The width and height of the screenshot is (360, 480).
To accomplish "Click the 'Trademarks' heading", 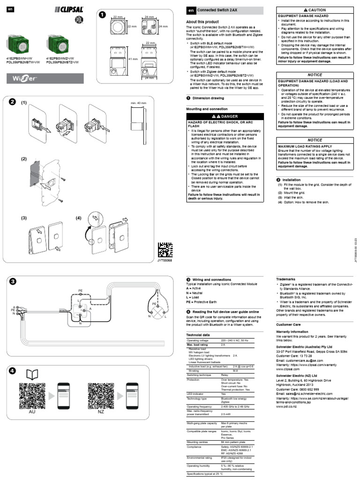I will (286, 278).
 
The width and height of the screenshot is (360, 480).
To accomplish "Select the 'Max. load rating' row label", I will (200, 345).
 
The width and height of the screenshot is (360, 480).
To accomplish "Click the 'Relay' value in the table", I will (225, 375).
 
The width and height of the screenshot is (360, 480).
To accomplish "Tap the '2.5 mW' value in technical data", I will (226, 414).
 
